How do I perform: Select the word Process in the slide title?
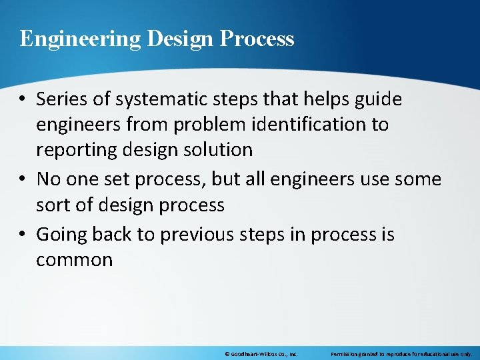pos(257,39)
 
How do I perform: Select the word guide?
pos(378,100)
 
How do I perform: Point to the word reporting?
pos(75,150)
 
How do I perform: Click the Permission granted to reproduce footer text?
pos(401,354)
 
